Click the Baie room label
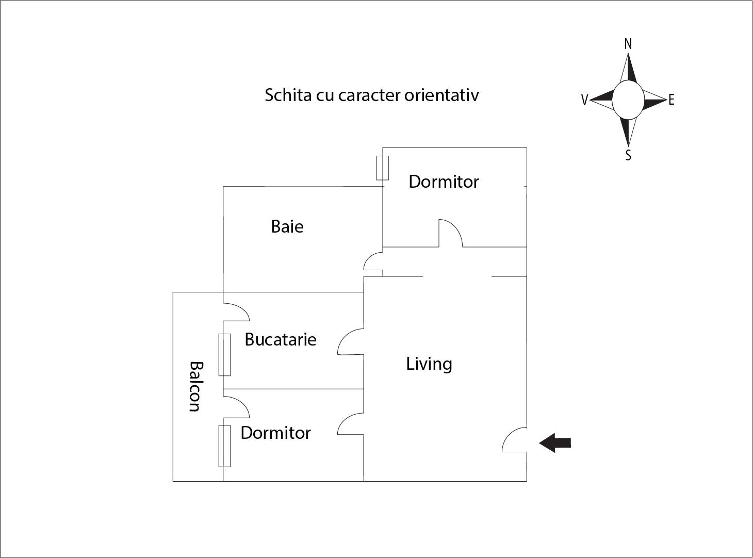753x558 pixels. coord(287,226)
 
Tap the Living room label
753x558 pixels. coord(429,364)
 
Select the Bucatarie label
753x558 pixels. coord(281,339)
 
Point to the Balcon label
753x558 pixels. coord(194,386)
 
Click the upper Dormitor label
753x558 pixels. coord(444,182)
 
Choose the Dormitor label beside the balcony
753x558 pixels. coord(275,433)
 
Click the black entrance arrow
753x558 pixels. coord(555,442)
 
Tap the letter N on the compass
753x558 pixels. coord(628,44)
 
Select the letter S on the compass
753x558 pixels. coord(628,155)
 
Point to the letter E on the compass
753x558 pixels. coord(671,100)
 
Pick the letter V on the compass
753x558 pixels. coord(584,101)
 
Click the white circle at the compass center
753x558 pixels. coord(628,100)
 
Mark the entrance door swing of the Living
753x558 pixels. coord(515,440)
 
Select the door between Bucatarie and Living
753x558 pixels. coord(351,342)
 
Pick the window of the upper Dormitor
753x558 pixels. coord(382,168)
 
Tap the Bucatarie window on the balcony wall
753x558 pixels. coord(224,355)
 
